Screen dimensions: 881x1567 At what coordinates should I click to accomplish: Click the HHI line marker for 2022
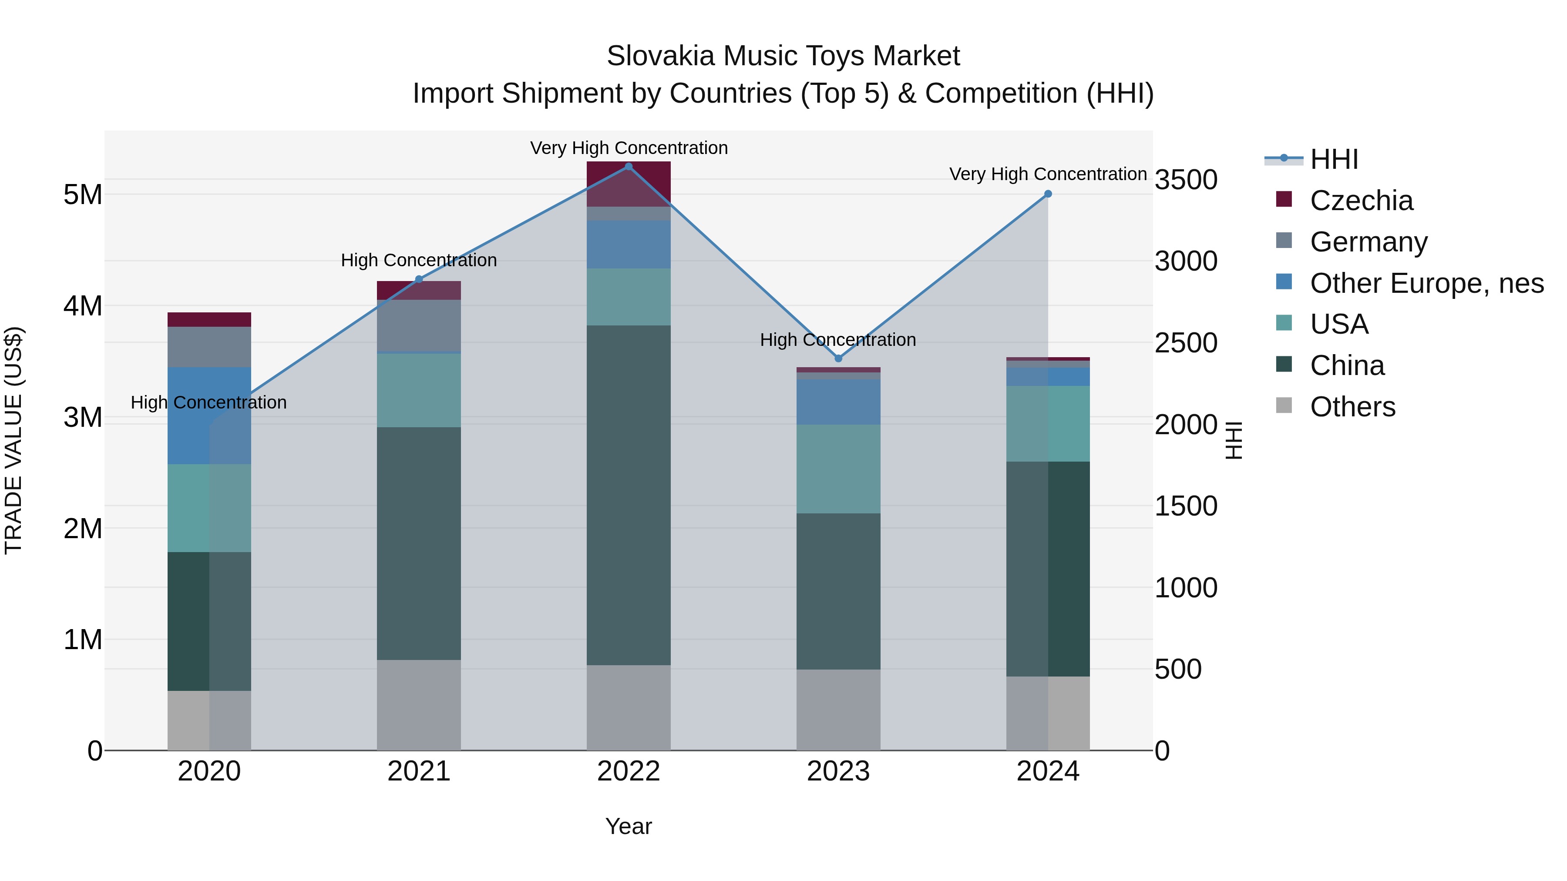tap(629, 166)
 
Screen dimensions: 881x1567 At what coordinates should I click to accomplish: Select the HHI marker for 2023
tap(838, 358)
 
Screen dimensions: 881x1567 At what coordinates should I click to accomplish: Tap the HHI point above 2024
tap(1048, 194)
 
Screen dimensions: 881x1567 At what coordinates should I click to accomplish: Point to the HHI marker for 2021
tap(418, 279)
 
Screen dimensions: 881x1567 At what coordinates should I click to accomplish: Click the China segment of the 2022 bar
tap(629, 495)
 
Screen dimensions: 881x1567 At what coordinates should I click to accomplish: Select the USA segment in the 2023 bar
tap(838, 469)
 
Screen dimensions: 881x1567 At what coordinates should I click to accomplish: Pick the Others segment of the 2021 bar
tap(418, 705)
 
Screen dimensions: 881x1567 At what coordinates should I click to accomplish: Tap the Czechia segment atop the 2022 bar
tap(629, 184)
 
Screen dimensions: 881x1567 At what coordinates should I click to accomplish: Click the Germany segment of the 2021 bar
tap(418, 325)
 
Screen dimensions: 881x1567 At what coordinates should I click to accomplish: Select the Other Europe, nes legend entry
tap(1426, 283)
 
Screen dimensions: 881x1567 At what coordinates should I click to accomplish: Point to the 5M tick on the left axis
tap(83, 194)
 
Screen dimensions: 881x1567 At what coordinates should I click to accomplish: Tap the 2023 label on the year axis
tap(838, 771)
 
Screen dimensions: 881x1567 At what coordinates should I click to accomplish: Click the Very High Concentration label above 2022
tap(629, 148)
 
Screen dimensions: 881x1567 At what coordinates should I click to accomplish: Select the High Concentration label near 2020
tap(208, 402)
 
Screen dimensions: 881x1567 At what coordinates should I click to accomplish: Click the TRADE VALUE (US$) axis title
tap(13, 441)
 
